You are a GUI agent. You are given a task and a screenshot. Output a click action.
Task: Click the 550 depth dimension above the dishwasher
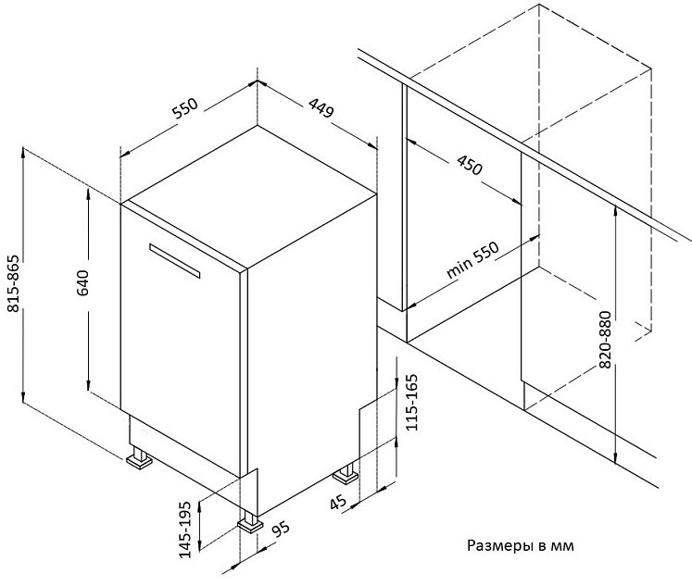[185, 108]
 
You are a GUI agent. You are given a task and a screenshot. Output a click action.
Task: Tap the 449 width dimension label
[321, 108]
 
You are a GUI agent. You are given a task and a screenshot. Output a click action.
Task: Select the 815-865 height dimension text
[14, 283]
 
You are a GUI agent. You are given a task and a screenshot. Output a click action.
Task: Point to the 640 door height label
[82, 282]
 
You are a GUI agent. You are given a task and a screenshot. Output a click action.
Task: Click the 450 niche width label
[470, 165]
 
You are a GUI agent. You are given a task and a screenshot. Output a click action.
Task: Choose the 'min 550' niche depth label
[472, 260]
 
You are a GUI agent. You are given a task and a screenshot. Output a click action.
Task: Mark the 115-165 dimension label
[411, 402]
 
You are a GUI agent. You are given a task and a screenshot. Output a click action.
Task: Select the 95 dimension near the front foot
[281, 530]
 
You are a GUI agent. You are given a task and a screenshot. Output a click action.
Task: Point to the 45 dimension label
[337, 503]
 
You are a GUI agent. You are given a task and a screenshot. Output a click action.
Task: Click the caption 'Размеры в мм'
[521, 546]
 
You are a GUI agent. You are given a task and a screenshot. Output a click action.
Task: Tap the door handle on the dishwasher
[175, 260]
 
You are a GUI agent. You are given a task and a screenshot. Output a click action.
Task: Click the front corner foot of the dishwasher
[250, 522]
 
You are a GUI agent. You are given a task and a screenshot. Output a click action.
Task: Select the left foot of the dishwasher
[140, 458]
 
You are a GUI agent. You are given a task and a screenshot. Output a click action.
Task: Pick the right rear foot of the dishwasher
[346, 474]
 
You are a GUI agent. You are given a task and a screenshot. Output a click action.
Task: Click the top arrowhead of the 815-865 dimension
[23, 152]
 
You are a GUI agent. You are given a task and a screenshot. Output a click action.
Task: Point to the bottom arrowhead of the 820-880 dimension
[615, 459]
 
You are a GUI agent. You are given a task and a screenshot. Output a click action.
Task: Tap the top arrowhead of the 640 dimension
[89, 193]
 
